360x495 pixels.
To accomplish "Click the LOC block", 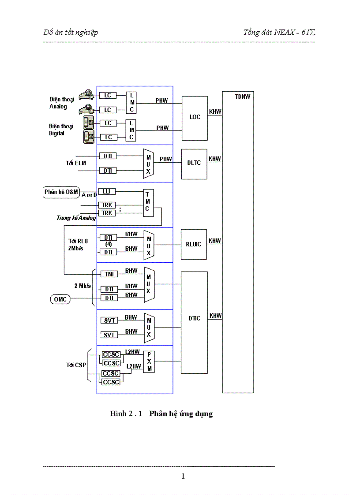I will [195, 117].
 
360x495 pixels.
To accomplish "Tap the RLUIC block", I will [194, 244].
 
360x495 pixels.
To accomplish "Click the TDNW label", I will [242, 97].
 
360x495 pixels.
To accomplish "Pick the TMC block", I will [148, 203].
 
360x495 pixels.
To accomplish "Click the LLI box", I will [106, 191].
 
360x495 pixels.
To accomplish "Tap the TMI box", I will [109, 274].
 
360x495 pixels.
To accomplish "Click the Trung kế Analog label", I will [76, 218].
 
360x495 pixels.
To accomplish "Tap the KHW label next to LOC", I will [215, 112].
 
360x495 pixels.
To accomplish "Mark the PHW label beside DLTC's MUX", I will [166, 159].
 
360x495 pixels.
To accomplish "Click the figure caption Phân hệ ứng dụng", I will [181, 414].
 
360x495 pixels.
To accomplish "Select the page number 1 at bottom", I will [183, 476].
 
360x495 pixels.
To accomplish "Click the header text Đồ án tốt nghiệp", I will [71, 32].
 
